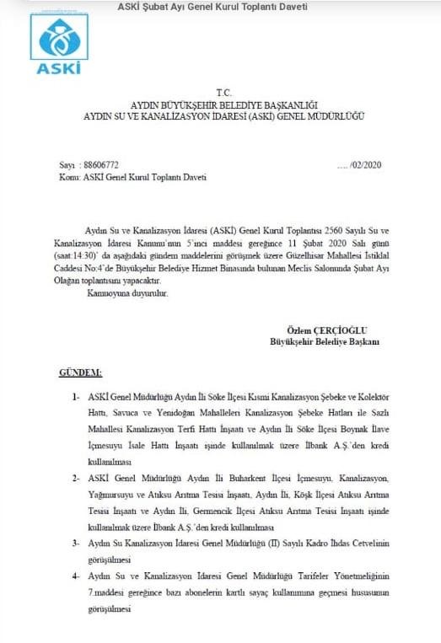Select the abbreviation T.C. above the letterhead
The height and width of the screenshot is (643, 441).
223,90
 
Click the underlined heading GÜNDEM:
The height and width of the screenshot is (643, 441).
80,372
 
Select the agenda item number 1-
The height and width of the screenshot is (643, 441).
77,395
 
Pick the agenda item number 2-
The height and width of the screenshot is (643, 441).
77,477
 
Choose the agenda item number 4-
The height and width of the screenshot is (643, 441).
77,575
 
